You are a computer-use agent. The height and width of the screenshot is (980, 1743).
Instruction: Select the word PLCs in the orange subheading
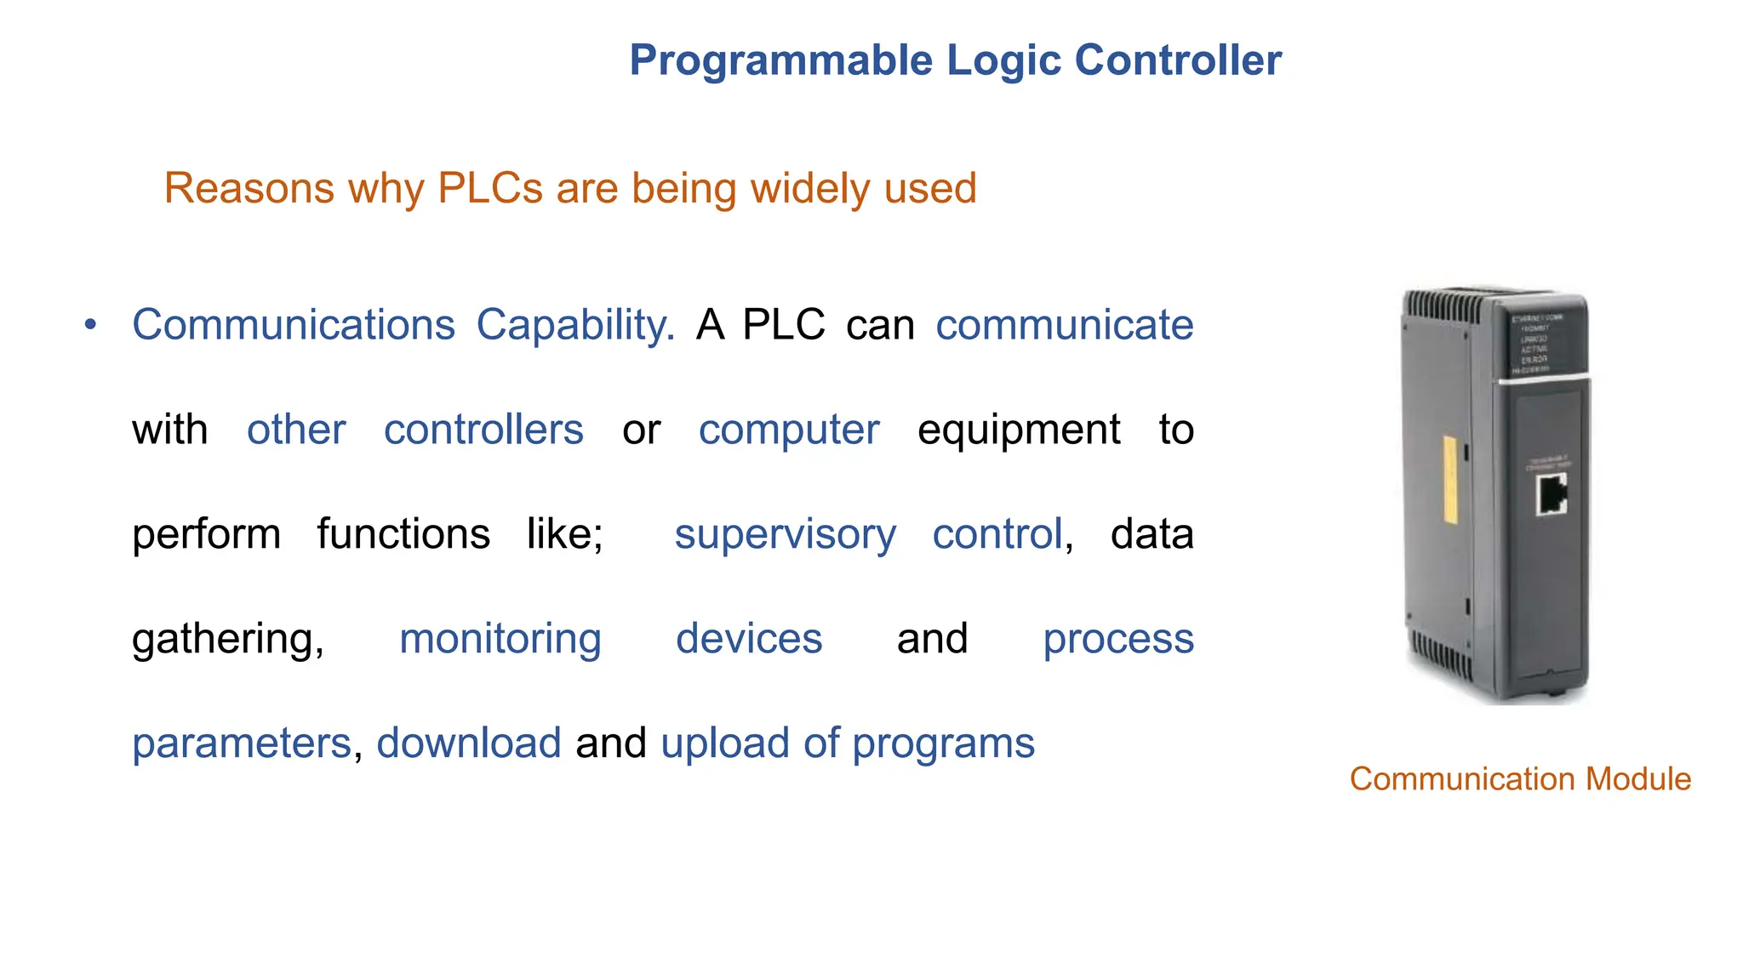point(489,188)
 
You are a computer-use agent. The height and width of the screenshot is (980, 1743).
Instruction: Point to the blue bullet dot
point(91,325)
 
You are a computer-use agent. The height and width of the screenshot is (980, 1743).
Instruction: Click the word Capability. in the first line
point(574,326)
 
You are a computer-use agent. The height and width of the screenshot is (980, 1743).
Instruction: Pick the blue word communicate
point(1064,326)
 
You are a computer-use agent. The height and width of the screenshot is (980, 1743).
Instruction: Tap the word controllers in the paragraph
point(483,430)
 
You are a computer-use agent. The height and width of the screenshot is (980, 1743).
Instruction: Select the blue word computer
point(789,430)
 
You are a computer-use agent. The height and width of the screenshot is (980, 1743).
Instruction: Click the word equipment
point(1019,430)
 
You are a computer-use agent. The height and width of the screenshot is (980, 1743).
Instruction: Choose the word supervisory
point(785,535)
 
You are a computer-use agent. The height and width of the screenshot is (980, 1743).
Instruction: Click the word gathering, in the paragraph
point(228,640)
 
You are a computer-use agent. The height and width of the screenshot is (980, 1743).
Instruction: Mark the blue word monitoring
point(500,640)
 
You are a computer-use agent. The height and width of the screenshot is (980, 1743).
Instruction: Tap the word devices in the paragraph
point(749,640)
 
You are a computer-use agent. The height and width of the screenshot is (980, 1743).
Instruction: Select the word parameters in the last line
point(242,744)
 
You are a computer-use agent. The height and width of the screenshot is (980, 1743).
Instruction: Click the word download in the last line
point(469,744)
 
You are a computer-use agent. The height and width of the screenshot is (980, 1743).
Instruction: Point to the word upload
point(725,744)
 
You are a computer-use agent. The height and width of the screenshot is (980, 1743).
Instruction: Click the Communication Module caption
point(1520,779)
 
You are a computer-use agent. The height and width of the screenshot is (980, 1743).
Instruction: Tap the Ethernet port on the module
point(1551,495)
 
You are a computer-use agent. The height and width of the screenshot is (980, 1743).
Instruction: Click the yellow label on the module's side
point(1450,479)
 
